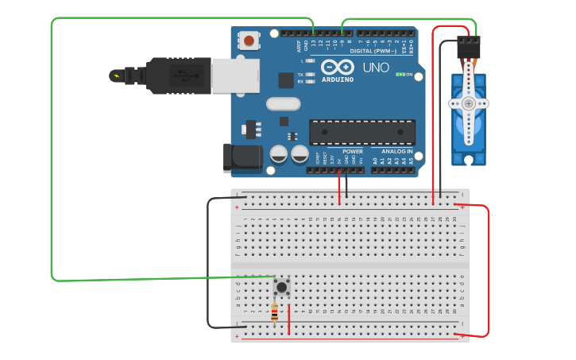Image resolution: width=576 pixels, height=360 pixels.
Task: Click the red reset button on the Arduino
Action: tap(249, 40)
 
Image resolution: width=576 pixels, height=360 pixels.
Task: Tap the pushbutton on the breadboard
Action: tap(281, 286)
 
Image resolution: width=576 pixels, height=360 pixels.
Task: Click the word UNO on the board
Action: tap(376, 68)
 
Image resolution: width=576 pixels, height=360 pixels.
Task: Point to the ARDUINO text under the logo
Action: tap(338, 79)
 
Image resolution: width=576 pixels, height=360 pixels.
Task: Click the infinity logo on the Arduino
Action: tap(338, 67)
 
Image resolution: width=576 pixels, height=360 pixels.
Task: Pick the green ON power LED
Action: tap(400, 75)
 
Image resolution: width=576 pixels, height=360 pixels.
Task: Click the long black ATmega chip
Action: tap(362, 132)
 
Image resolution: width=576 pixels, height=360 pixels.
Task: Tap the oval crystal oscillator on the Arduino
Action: tap(283, 103)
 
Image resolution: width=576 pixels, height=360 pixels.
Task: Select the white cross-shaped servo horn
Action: tap(469, 103)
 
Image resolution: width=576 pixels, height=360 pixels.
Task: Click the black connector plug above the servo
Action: tap(469, 48)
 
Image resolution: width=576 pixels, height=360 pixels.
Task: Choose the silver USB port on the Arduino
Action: tap(235, 76)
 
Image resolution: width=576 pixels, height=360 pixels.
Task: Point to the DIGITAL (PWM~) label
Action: tap(373, 51)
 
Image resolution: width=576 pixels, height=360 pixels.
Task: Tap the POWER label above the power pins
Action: tap(353, 151)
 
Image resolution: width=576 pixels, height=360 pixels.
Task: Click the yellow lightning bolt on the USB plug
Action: tap(118, 76)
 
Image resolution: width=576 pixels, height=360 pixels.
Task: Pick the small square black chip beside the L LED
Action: tap(286, 79)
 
